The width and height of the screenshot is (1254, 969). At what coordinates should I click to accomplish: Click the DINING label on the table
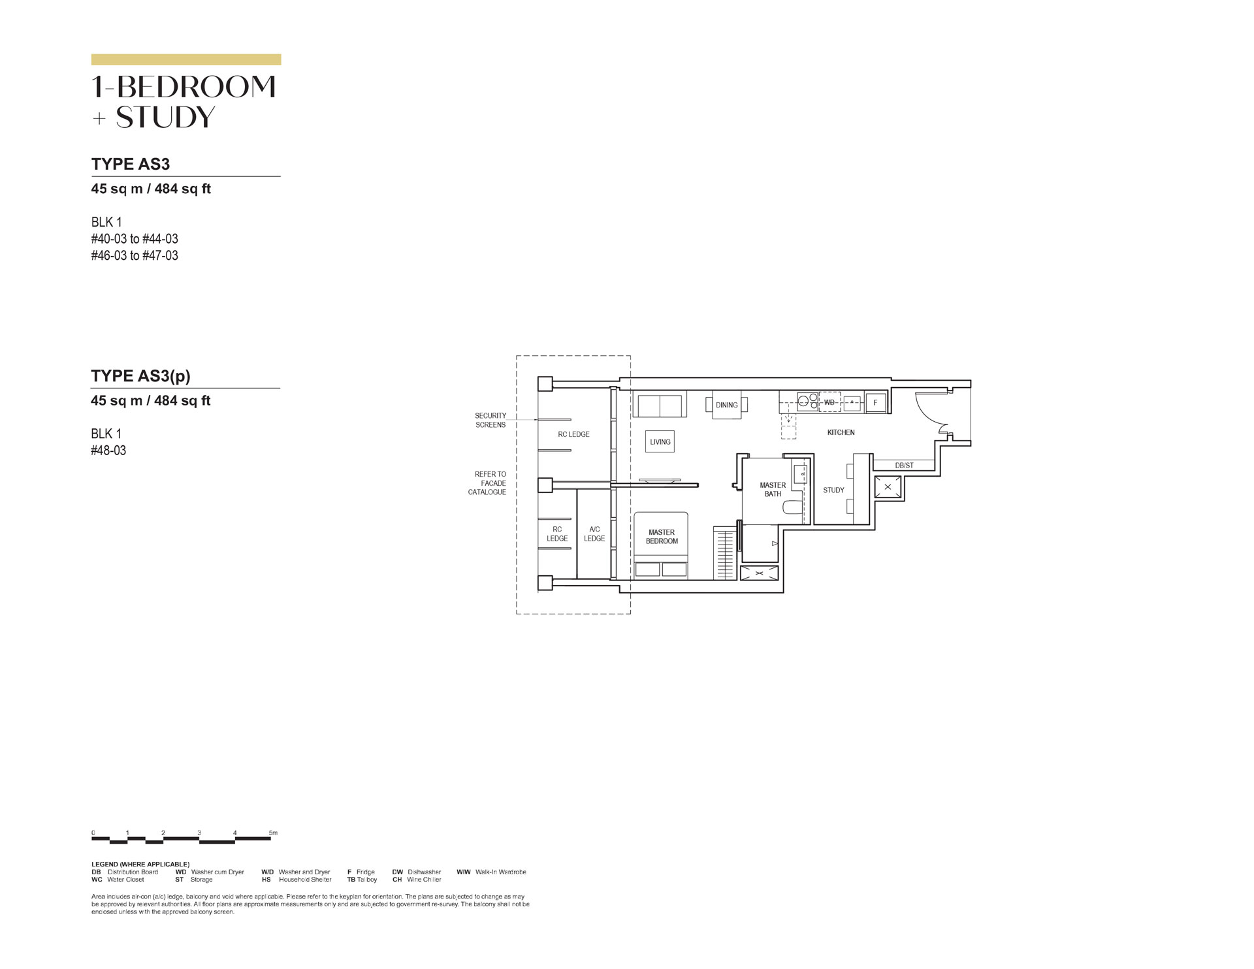pyautogui.click(x=726, y=405)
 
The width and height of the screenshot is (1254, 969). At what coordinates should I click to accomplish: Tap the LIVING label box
pyautogui.click(x=660, y=442)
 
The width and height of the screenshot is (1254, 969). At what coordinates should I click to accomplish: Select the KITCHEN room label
pyautogui.click(x=841, y=432)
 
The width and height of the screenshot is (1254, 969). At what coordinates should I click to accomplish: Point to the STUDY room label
pyautogui.click(x=833, y=490)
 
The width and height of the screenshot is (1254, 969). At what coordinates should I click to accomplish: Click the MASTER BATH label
pyautogui.click(x=773, y=490)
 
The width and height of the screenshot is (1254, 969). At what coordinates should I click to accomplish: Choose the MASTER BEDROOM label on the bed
pyautogui.click(x=662, y=537)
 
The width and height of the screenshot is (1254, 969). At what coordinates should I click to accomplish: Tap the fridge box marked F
pyautogui.click(x=875, y=403)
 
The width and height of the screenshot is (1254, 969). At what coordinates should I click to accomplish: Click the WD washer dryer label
pyautogui.click(x=829, y=402)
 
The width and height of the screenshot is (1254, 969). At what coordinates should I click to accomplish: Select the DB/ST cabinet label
pyautogui.click(x=905, y=466)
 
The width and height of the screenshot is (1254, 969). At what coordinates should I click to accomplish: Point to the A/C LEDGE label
pyautogui.click(x=594, y=533)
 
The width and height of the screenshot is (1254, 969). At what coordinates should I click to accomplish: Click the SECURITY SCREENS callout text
pyautogui.click(x=490, y=420)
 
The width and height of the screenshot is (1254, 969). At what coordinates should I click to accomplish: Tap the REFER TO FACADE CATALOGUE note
pyautogui.click(x=487, y=483)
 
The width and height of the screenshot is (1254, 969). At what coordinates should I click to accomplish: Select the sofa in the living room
pyautogui.click(x=660, y=405)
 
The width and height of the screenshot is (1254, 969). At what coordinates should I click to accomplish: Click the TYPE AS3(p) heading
pyautogui.click(x=140, y=375)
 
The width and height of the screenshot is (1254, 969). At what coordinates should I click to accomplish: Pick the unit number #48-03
pyautogui.click(x=108, y=451)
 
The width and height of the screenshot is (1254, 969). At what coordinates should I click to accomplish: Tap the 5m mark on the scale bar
pyautogui.click(x=273, y=833)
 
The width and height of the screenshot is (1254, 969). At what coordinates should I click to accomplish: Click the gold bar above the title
pyautogui.click(x=186, y=59)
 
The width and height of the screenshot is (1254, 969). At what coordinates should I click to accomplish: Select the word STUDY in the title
pyautogui.click(x=165, y=117)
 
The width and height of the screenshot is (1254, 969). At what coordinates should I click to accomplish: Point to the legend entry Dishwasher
pyautogui.click(x=417, y=872)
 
